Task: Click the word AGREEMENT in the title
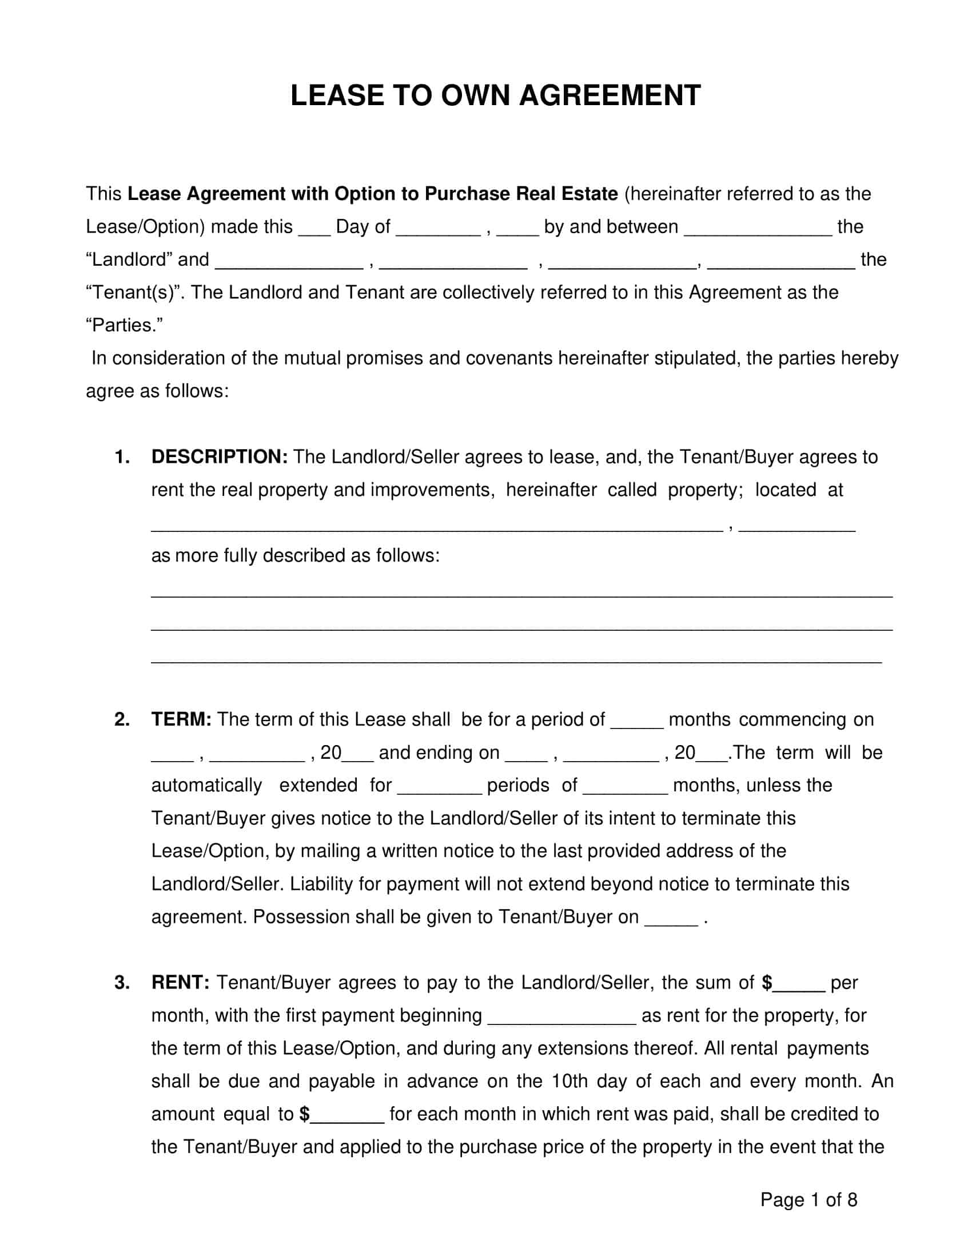[x=610, y=95]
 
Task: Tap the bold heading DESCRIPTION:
[x=220, y=457]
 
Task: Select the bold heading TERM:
[x=181, y=719]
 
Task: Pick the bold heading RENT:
[x=180, y=983]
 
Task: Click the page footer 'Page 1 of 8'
[x=808, y=1199]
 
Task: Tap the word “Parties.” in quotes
[x=125, y=326]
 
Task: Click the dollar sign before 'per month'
[x=767, y=983]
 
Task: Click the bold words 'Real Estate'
[x=567, y=194]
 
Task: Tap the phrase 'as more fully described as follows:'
[x=296, y=555]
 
